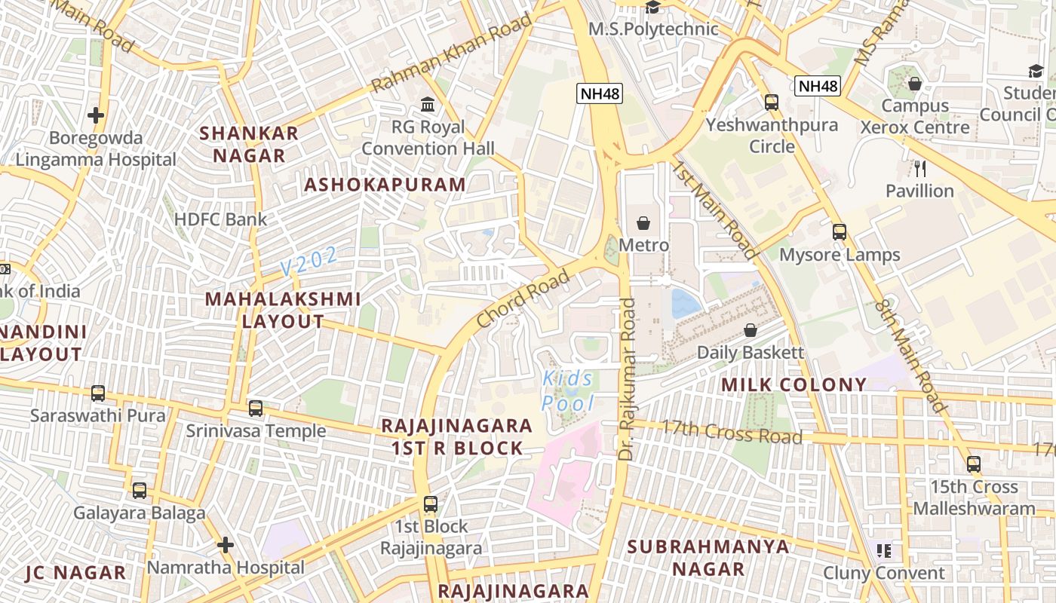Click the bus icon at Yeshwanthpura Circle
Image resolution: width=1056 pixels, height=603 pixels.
[771, 103]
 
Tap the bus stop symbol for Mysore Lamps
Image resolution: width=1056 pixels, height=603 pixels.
[839, 232]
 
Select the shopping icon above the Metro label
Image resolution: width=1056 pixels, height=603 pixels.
[643, 223]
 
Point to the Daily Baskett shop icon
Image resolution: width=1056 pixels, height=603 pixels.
[750, 330]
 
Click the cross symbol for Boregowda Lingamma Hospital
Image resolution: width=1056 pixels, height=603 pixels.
[95, 115]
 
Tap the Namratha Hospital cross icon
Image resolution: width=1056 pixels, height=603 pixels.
[225, 544]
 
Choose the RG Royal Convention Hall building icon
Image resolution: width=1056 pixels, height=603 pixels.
[428, 103]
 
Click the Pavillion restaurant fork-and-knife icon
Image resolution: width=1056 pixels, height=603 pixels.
[919, 168]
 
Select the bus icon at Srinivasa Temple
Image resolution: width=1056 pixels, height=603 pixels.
[256, 409]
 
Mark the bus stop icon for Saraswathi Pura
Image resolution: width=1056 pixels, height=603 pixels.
[98, 393]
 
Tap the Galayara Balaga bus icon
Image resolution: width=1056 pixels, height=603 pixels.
[139, 491]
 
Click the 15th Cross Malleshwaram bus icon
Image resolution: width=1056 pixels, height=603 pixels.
[974, 464]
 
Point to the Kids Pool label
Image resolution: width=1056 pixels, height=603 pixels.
[568, 390]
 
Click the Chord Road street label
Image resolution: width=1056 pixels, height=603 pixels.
[523, 299]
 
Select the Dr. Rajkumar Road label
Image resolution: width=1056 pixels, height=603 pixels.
[628, 379]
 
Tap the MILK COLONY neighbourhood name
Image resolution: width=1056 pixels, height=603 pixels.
[794, 385]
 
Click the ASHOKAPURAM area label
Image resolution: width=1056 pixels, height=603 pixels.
[385, 185]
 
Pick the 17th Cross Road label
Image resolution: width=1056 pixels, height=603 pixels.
[732, 432]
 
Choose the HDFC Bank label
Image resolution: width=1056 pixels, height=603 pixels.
[220, 219]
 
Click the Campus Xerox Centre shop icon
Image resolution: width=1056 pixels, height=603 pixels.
[914, 84]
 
